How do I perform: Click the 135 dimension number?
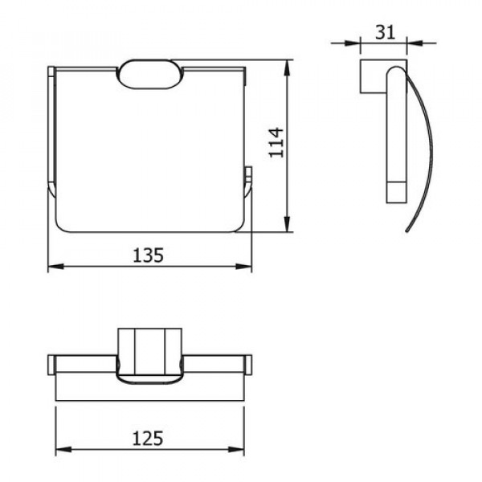coord(148,255)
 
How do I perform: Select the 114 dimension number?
coord(276,143)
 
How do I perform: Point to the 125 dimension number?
coord(148,438)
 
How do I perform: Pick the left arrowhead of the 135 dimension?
coord(56,266)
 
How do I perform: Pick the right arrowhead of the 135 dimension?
coord(243,266)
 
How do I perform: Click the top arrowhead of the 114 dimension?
coord(287,67)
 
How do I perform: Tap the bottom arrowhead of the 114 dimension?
coord(287,224)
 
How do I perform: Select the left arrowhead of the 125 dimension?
coord(63,450)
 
